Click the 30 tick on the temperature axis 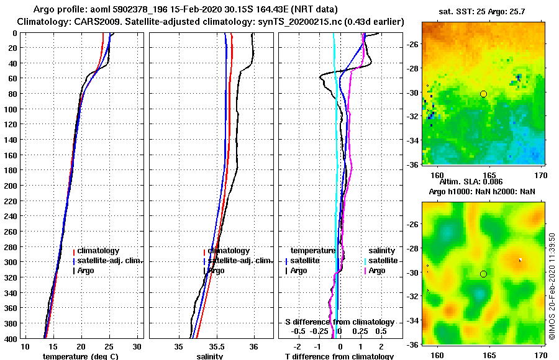coord(137,346)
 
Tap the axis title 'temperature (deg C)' coord(81,356)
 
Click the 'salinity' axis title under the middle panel coord(211,356)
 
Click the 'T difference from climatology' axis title coord(339,356)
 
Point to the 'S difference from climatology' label coord(339,322)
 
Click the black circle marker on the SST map coord(483,94)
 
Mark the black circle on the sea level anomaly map coord(483,274)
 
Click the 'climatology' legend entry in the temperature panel coord(98,251)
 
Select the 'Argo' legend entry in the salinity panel coord(216,271)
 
